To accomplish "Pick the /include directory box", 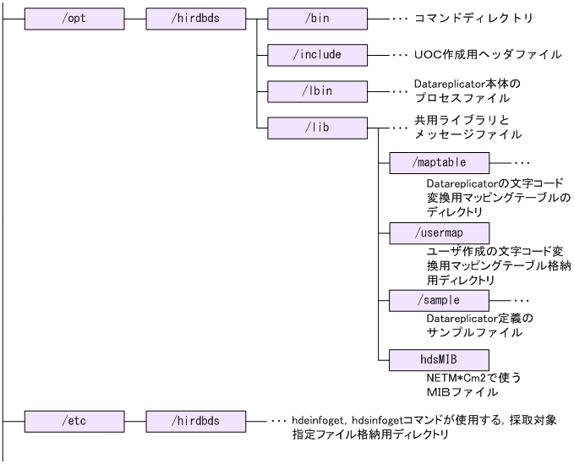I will click(x=317, y=54).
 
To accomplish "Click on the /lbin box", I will click(x=317, y=90).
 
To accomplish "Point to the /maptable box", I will click(x=439, y=161).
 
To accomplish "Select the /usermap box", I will click(x=439, y=231).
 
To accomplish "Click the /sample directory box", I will click(x=439, y=300).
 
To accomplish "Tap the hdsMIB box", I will click(x=439, y=359).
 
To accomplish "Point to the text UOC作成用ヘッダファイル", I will click(x=488, y=54).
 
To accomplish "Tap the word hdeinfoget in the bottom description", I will click(x=321, y=419).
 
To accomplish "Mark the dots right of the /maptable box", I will click(x=522, y=161).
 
